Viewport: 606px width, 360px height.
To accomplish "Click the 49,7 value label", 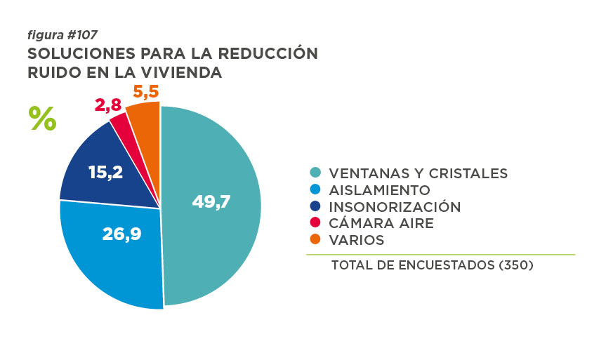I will coord(211,201).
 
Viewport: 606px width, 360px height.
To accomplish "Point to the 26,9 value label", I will coord(122,234).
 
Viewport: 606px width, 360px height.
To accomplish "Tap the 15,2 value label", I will coord(106,172).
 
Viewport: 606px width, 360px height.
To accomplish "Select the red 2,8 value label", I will coord(108,105).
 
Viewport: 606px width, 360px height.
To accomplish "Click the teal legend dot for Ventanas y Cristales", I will coord(316,173).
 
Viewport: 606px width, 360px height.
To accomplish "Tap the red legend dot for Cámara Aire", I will coord(316,223).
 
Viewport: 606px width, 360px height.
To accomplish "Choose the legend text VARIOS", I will coord(356,240).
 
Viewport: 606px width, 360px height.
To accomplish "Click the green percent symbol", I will coord(42,118).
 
